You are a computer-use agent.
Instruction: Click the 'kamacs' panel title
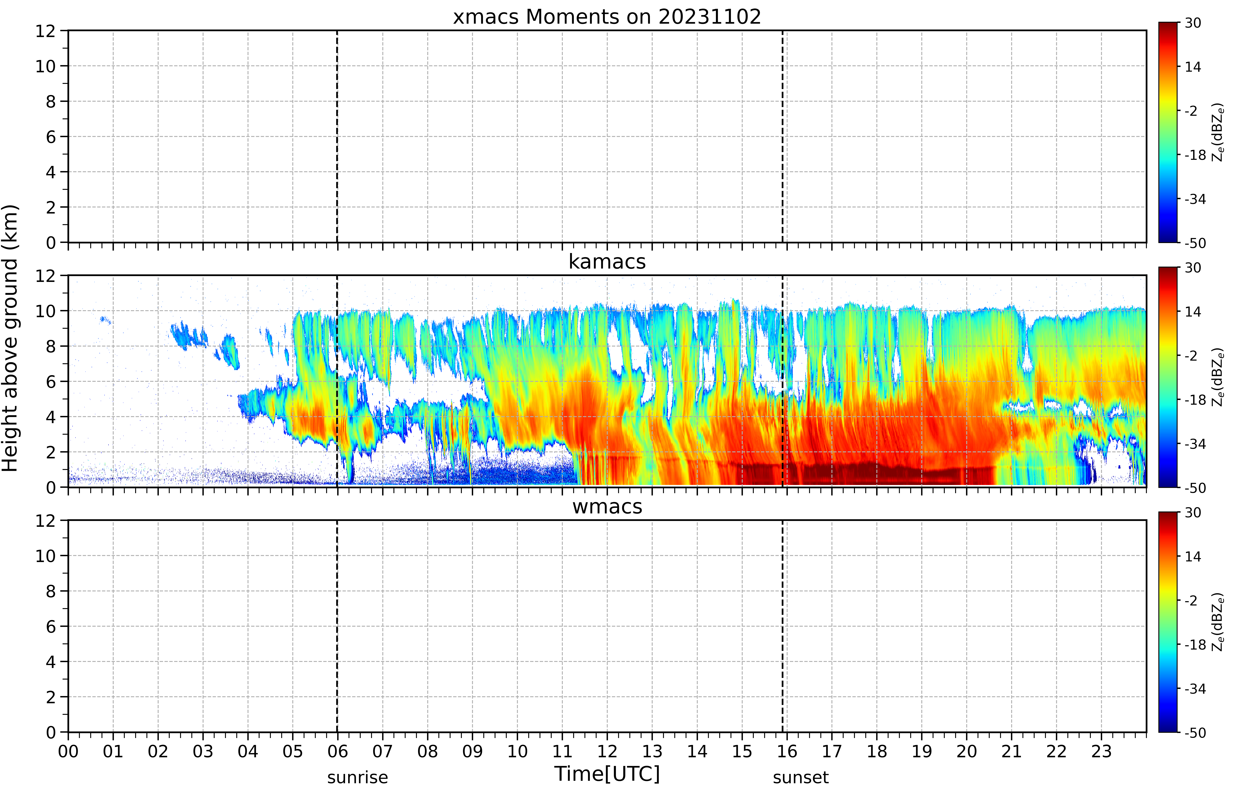pyautogui.click(x=607, y=262)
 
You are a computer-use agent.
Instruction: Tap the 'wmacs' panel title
pyautogui.click(x=607, y=506)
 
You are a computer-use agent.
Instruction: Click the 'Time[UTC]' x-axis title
pyautogui.click(x=607, y=774)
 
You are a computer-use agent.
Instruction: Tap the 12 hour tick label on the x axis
pyautogui.click(x=607, y=751)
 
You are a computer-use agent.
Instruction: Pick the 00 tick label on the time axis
pyautogui.click(x=68, y=751)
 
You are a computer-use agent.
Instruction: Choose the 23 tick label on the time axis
pyautogui.click(x=1101, y=751)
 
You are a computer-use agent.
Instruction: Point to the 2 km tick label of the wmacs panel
pyautogui.click(x=50, y=697)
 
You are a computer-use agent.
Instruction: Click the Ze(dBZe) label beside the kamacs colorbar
pyautogui.click(x=1217, y=377)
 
